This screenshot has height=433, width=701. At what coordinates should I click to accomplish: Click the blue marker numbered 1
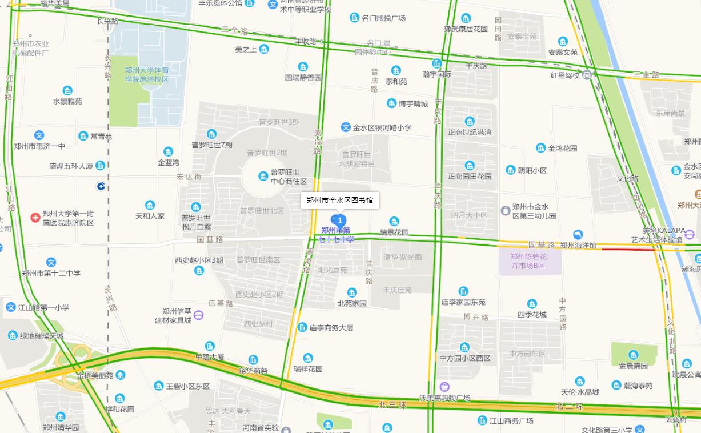tap(339, 220)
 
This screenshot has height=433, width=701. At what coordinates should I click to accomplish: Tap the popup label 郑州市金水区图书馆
tap(339, 201)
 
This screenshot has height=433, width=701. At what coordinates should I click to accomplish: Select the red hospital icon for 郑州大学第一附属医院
tap(35, 218)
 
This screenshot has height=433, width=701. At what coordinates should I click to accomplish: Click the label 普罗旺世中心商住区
tap(289, 177)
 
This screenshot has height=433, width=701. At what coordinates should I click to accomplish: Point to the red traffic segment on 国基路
tap(628, 248)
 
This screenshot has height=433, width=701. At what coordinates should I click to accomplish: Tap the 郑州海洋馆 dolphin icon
tap(578, 235)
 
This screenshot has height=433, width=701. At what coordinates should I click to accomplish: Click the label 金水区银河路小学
tap(382, 127)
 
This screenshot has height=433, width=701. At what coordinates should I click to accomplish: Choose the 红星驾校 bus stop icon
tap(587, 75)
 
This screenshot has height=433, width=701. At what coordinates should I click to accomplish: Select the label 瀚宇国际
tap(437, 74)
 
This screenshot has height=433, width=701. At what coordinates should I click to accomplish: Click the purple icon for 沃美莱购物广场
tap(444, 387)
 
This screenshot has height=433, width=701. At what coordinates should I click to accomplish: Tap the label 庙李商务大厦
tap(331, 328)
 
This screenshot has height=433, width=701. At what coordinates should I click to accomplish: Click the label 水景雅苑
tap(67, 101)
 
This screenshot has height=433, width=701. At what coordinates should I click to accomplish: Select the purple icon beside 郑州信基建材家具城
tap(198, 315)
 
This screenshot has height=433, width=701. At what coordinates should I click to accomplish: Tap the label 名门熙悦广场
tap(383, 18)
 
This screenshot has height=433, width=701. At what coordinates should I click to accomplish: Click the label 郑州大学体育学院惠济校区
tap(147, 74)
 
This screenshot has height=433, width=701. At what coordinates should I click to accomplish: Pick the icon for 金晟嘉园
tap(633, 355)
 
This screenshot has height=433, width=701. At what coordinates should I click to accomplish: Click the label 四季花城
tap(532, 315)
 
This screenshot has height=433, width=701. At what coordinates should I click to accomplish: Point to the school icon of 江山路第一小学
tap(11, 307)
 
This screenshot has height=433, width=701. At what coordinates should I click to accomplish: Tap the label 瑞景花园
tap(394, 232)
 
